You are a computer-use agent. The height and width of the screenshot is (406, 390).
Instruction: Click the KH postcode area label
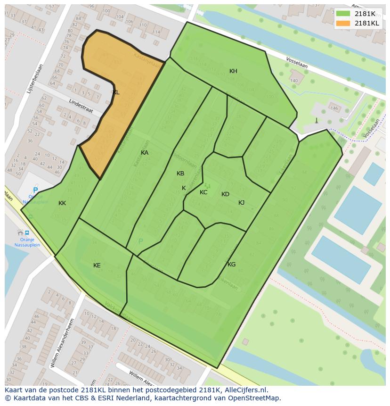click(x=233, y=71)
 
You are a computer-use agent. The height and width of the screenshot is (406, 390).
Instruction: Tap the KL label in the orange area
click(x=116, y=92)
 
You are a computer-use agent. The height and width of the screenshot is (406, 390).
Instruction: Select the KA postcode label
click(x=145, y=153)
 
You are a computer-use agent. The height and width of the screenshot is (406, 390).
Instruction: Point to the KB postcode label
click(x=180, y=174)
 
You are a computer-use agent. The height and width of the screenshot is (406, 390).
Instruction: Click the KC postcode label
click(x=203, y=192)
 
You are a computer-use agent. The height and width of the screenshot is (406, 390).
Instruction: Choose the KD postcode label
click(x=225, y=194)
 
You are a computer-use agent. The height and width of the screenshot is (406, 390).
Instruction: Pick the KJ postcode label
click(x=241, y=203)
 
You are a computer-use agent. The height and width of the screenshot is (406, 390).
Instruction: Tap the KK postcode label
click(x=62, y=203)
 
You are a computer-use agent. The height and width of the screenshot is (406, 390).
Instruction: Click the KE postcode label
click(x=97, y=265)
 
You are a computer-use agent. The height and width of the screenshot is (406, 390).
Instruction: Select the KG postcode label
click(x=231, y=265)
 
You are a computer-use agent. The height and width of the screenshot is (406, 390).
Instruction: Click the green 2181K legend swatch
click(x=343, y=14)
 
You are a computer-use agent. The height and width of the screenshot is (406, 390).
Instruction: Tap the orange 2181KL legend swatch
click(x=343, y=23)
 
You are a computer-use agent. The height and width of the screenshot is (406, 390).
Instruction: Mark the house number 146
click(x=334, y=108)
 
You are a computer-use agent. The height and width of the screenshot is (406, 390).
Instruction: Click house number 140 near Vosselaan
click(x=294, y=81)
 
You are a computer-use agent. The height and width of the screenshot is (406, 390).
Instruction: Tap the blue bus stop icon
click(x=27, y=232)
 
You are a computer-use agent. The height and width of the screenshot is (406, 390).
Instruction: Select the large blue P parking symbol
click(x=35, y=191)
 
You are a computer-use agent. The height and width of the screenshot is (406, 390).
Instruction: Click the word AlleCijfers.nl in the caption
click(x=246, y=390)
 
